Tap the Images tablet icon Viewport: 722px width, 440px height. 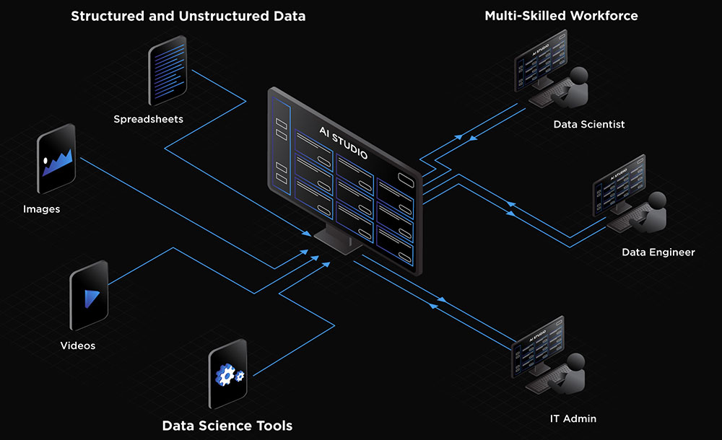pos(57,160)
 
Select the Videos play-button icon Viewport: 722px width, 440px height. pos(89,296)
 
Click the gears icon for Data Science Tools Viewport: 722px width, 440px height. pos(228,375)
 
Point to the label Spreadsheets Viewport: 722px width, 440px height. pos(148,118)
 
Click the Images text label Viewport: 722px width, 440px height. pos(41,209)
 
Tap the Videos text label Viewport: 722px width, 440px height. pos(78,346)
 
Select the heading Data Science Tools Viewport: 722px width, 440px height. pos(227,426)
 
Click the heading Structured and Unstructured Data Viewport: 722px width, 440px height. pos(188,16)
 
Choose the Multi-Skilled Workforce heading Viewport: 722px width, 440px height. pos(561,15)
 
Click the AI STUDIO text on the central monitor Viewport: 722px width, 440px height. pos(344,142)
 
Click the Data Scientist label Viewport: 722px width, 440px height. pos(589,124)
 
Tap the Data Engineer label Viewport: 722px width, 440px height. pos(658,252)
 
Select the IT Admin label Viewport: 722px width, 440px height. pos(573,418)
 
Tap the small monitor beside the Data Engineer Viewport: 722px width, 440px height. pos(618,185)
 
